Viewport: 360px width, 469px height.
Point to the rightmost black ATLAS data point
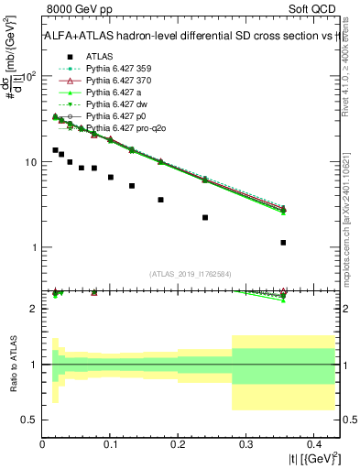coord(283,243)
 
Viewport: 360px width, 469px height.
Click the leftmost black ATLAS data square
coord(55,149)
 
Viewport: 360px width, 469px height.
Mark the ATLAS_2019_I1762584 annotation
coord(191,274)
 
